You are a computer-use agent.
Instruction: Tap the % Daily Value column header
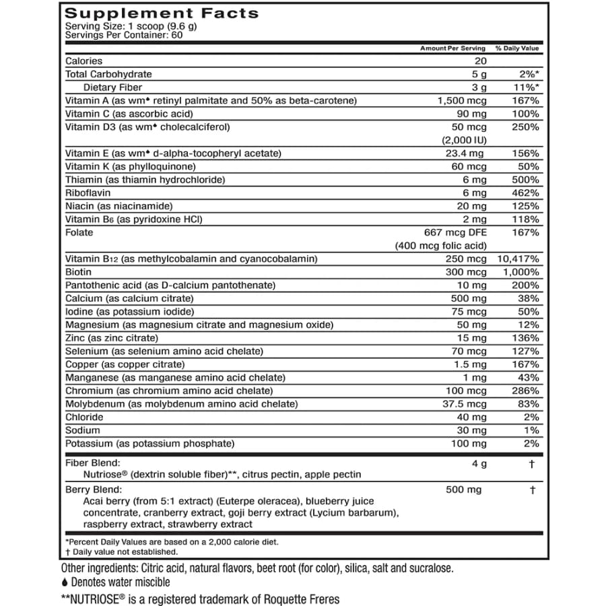(517, 48)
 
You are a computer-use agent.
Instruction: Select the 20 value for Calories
(479, 61)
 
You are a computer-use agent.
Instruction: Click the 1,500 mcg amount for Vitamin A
(461, 101)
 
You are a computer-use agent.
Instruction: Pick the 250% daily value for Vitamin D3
(525, 127)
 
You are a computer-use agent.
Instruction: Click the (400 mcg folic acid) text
(440, 246)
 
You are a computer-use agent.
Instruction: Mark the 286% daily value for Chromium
(525, 391)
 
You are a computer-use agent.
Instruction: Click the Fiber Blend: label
(92, 463)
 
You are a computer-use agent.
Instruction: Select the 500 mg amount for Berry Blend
(464, 490)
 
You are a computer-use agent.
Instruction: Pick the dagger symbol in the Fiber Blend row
(533, 463)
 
